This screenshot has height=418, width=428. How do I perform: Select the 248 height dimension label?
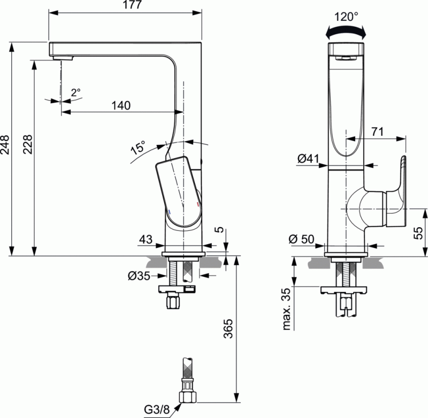click(5, 144)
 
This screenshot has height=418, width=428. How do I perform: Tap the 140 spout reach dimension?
click(121, 105)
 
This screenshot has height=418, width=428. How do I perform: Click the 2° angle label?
click(75, 92)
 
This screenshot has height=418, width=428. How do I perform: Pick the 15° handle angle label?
click(138, 148)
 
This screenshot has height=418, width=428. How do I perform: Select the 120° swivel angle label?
click(346, 17)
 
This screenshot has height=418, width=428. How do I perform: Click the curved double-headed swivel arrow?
click(347, 33)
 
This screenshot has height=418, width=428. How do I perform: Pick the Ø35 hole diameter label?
click(139, 276)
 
